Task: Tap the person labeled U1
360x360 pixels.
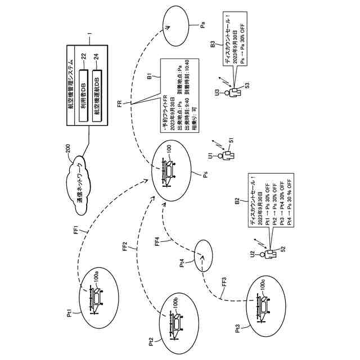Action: point(227,154)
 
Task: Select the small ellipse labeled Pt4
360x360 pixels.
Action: point(203,254)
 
